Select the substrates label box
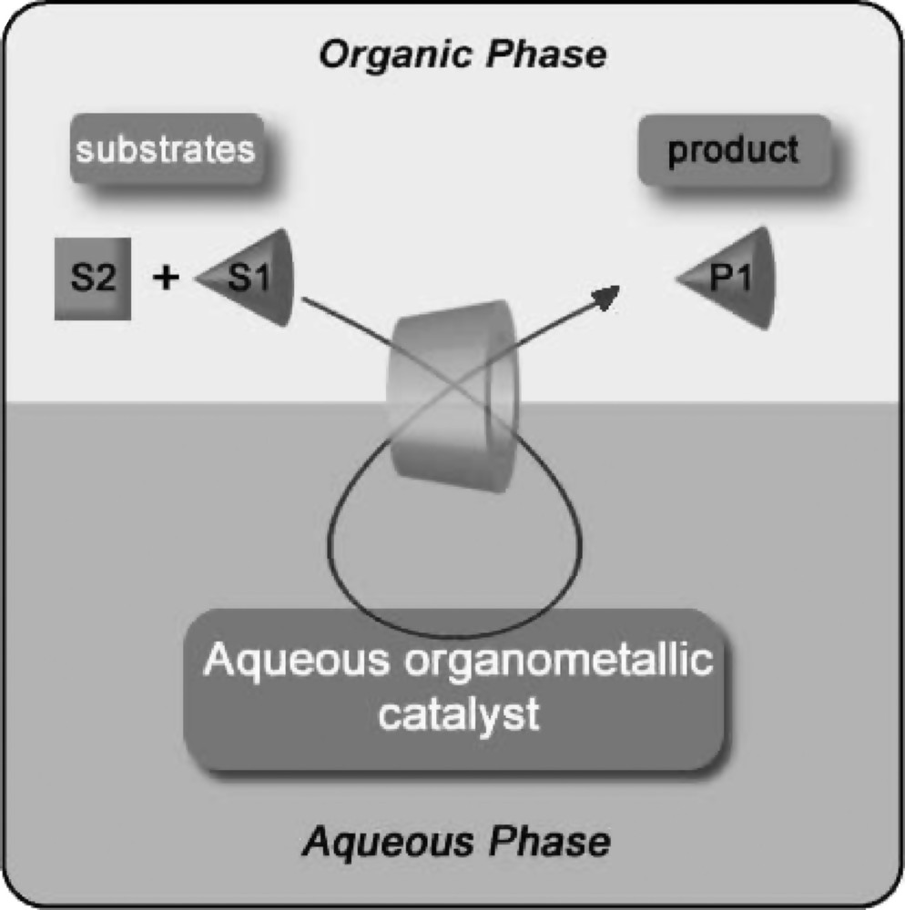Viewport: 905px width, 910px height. point(166,148)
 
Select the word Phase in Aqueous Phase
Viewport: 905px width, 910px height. point(546,841)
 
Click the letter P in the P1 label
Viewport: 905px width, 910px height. point(721,278)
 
